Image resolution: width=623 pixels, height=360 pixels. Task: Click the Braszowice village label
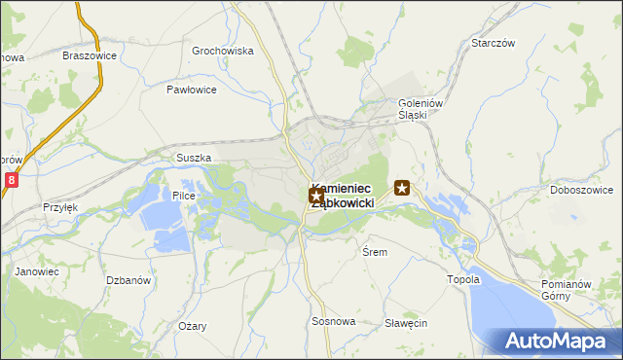point(89,55)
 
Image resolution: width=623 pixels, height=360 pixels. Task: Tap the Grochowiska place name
point(222,51)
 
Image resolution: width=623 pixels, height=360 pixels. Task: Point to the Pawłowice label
point(191,90)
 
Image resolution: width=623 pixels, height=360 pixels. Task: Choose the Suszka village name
point(193,157)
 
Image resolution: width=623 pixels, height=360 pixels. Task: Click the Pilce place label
point(184,196)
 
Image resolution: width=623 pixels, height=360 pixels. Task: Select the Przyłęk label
point(59,207)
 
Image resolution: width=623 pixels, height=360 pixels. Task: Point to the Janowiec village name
point(37,272)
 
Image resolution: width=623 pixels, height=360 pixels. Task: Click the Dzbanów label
point(128,280)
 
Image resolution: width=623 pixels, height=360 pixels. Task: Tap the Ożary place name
point(192,326)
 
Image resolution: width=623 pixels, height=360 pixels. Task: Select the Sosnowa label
point(334,321)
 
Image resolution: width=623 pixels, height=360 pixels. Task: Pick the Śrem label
point(375,252)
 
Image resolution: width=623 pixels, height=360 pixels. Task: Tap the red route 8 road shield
point(11,180)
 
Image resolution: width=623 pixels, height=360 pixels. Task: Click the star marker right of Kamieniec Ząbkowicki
point(403,188)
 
